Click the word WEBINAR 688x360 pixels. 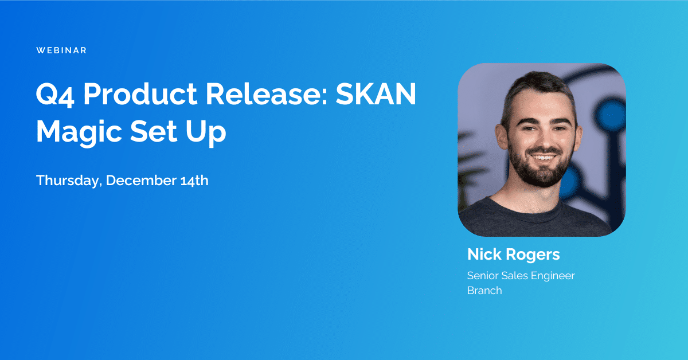61,50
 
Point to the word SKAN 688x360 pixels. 383,94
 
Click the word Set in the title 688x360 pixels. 161,132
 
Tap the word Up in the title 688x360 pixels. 209,133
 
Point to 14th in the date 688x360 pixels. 192,181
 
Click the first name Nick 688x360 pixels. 484,255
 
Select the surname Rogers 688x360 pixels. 533,255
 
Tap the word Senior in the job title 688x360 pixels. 483,276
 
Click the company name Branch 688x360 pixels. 484,291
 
